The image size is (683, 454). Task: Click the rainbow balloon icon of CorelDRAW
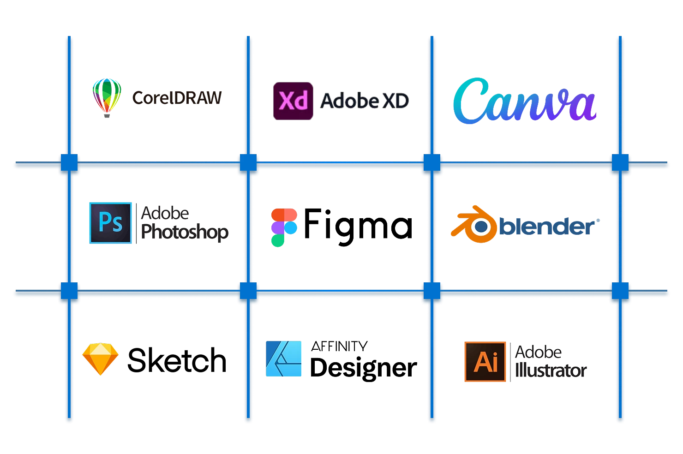pyautogui.click(x=107, y=96)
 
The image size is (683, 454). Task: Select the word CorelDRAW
pyautogui.click(x=177, y=98)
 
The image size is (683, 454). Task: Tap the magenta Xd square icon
pyautogui.click(x=293, y=102)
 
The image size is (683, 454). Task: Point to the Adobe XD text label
pyautogui.click(x=365, y=101)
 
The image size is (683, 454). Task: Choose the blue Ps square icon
pyautogui.click(x=111, y=223)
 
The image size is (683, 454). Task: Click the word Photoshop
pyautogui.click(x=185, y=232)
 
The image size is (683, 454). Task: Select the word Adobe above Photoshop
pyautogui.click(x=165, y=214)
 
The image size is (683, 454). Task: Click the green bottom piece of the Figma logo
pyautogui.click(x=277, y=240)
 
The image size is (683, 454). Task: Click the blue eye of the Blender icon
pyautogui.click(x=481, y=226)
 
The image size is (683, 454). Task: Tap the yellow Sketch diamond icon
pyautogui.click(x=100, y=358)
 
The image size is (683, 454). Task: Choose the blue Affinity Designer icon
pyautogui.click(x=284, y=358)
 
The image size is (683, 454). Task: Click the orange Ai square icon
pyautogui.click(x=485, y=361)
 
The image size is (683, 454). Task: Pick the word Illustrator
pyautogui.click(x=551, y=370)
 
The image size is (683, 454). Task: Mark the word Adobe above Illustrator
pyautogui.click(x=538, y=352)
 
